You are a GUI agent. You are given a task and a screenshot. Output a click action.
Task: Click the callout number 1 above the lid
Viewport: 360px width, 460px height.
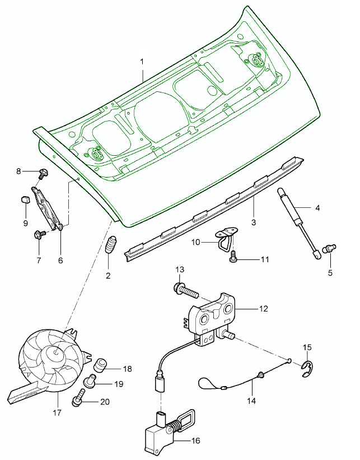tap(142, 60)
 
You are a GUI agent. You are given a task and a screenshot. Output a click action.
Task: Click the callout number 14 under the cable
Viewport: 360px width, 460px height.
tap(252, 401)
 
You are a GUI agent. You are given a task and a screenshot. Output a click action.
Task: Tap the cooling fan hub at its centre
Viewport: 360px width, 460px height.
tap(57, 353)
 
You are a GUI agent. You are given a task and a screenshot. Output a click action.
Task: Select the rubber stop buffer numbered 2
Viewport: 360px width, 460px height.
tap(110, 247)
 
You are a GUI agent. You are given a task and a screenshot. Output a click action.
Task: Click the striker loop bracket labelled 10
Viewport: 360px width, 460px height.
tap(225, 238)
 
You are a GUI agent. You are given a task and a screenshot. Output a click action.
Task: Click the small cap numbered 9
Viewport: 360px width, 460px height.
tap(25, 199)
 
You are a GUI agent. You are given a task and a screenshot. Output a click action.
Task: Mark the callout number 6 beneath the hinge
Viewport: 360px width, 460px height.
tap(60, 260)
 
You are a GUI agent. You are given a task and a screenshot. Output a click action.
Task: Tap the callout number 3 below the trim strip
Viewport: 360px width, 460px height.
tap(253, 222)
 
